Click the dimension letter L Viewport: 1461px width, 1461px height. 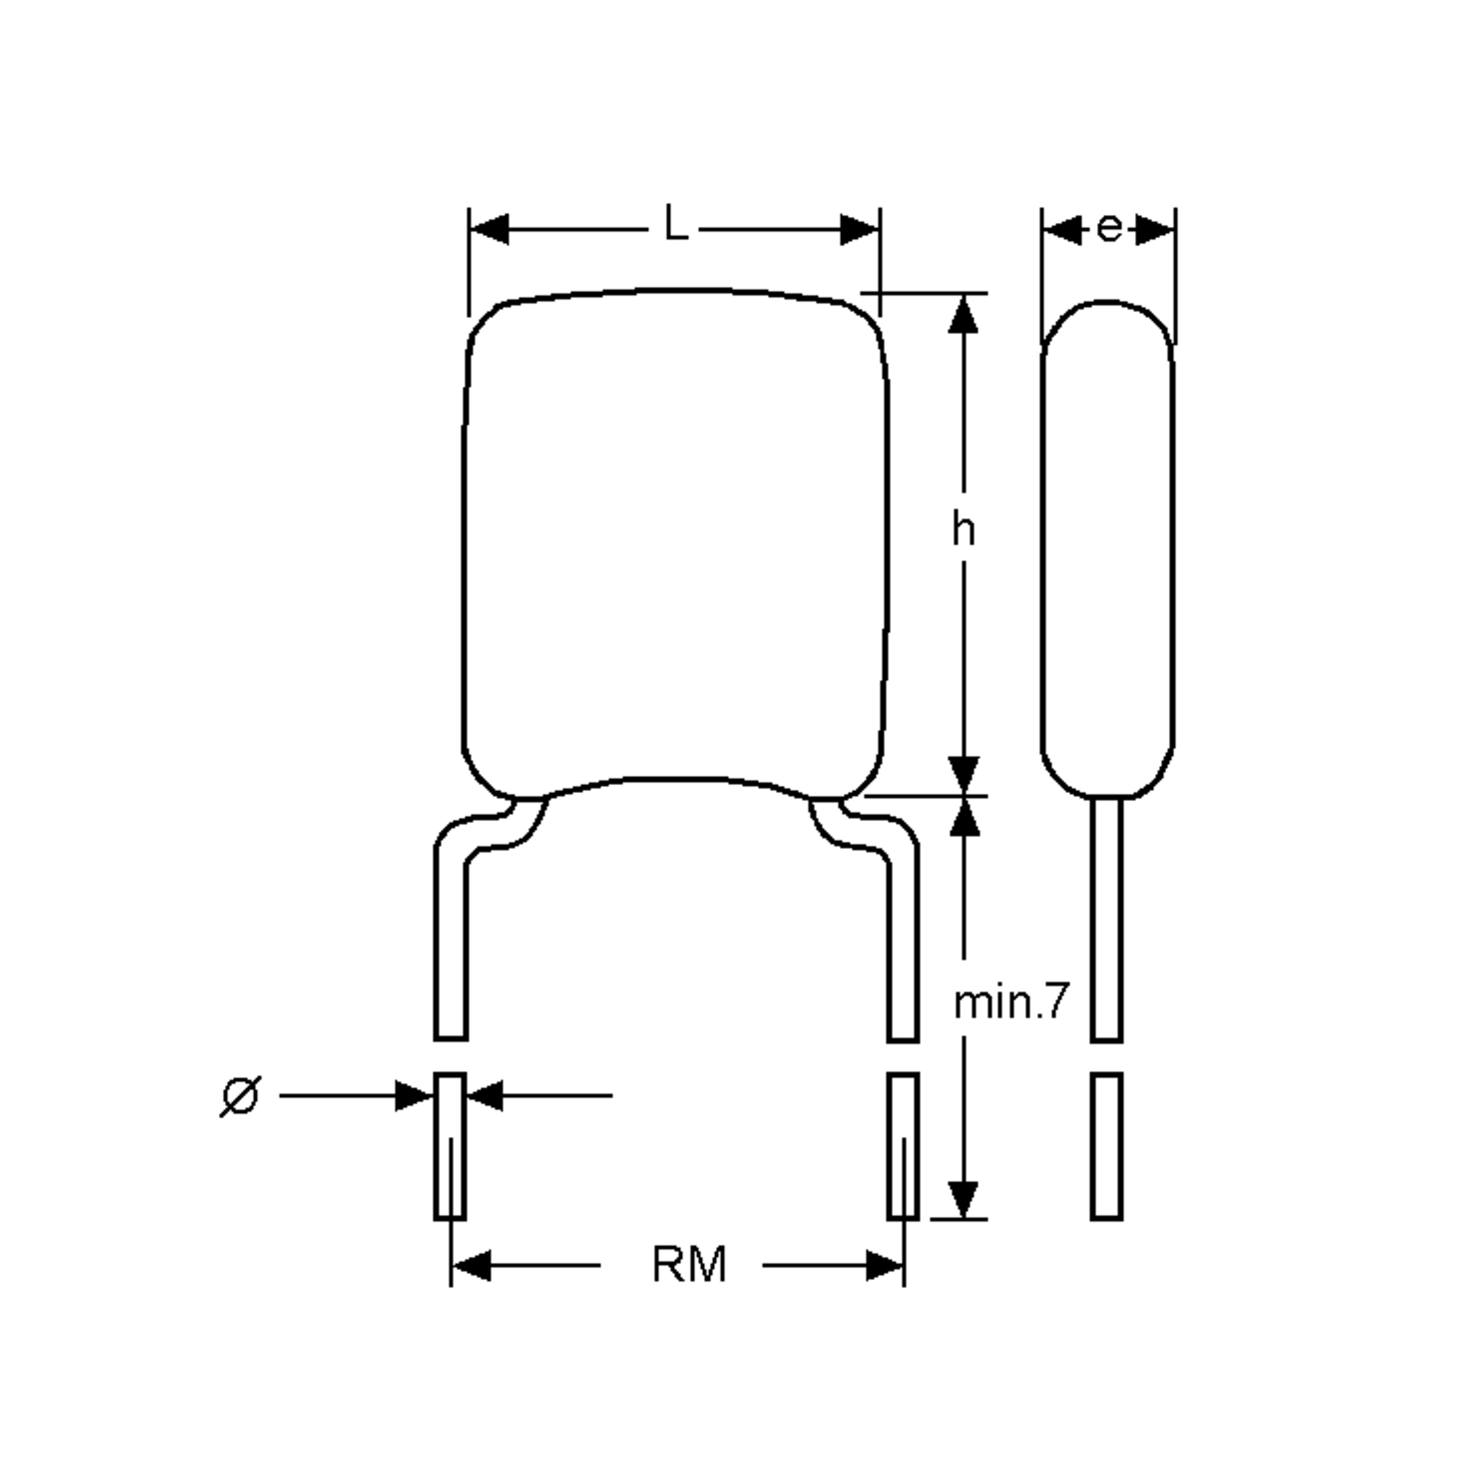pos(675,224)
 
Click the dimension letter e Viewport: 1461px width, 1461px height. pos(1109,228)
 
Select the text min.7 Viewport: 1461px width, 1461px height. pos(1011,1002)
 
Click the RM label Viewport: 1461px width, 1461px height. pos(689,1264)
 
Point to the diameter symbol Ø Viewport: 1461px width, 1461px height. pos(240,1095)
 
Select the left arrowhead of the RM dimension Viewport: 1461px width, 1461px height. pos(471,1265)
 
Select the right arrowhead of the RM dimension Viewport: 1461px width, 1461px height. pos(885,1265)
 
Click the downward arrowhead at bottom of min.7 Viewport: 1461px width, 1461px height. pos(962,1199)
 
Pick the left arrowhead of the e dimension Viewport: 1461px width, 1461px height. pos(1061,229)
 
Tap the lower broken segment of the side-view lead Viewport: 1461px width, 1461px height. pos(1106,1146)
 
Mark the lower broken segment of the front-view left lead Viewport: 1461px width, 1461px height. pos(450,1146)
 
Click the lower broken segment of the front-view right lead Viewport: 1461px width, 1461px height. pos(903,1146)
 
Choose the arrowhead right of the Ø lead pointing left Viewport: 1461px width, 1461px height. pos(485,1096)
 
